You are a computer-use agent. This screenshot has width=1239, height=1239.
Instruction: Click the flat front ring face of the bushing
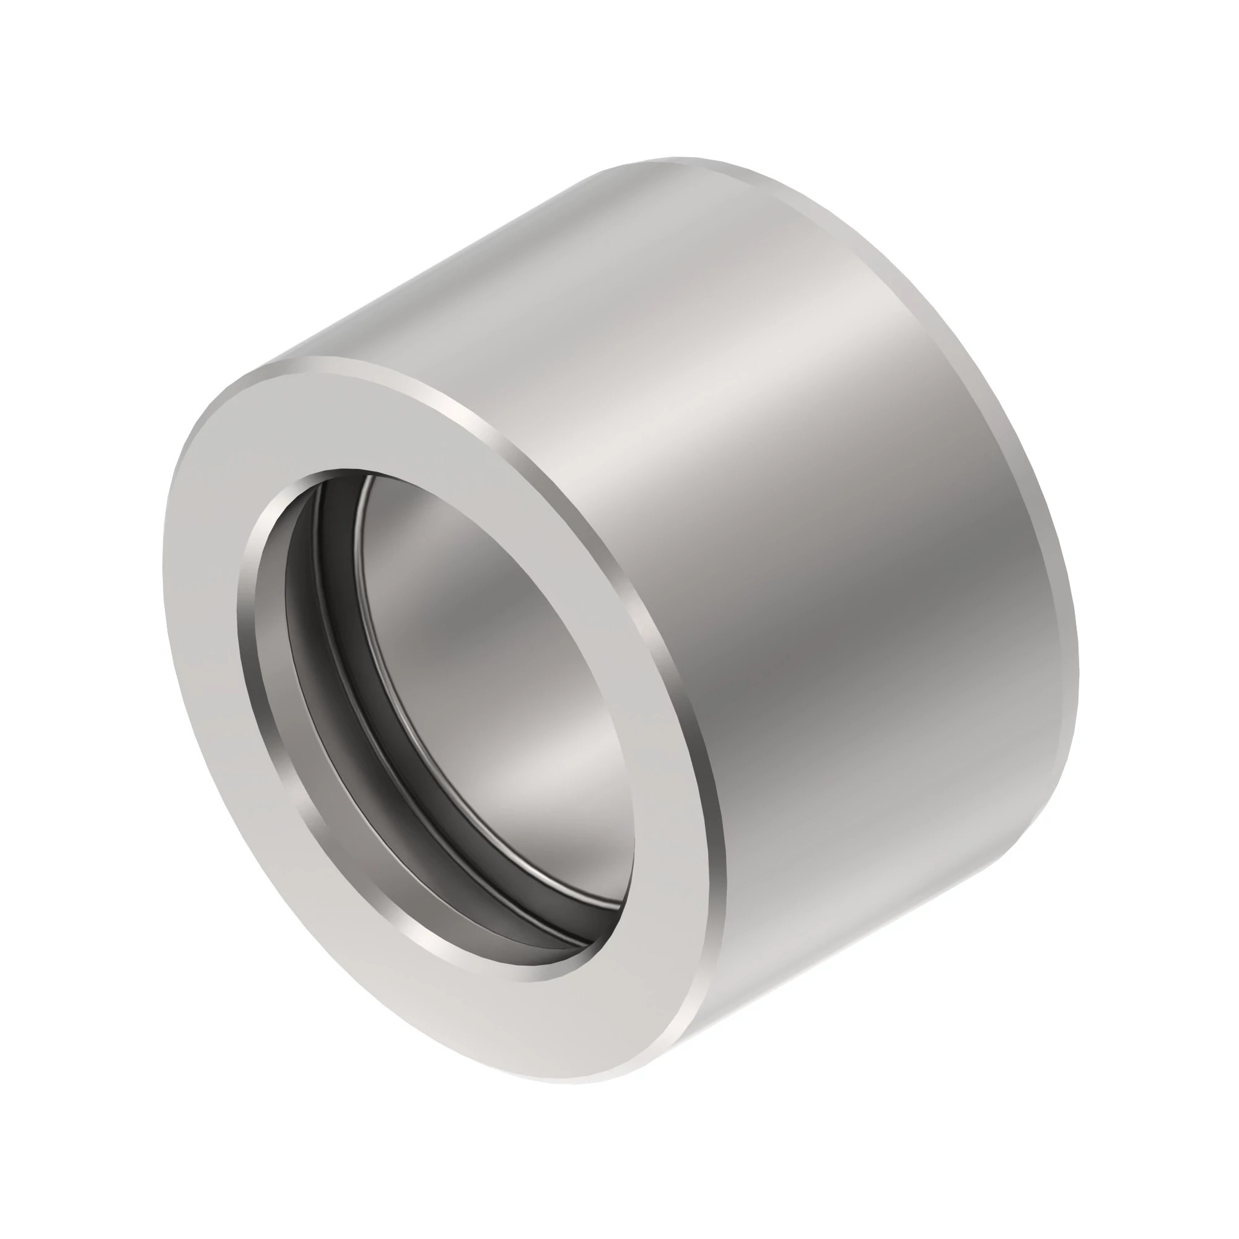(212, 641)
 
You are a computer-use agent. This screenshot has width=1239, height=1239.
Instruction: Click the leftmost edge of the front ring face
(164, 577)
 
